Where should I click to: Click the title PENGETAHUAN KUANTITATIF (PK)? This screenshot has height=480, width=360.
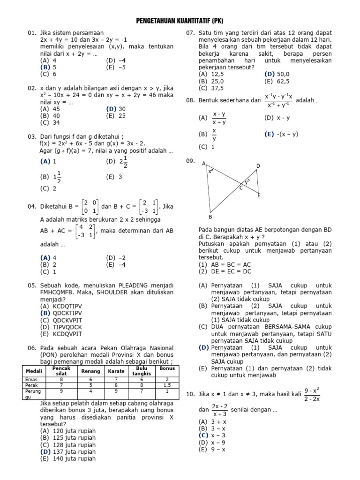pyautogui.click(x=180, y=21)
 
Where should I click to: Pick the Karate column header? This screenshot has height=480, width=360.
pyautogui.click(x=116, y=371)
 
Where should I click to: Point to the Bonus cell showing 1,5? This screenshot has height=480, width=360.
pyautogui.click(x=167, y=385)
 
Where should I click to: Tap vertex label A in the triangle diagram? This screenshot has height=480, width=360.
pyautogui.click(x=203, y=164)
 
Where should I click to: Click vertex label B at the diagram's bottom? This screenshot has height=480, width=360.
pyautogui.click(x=210, y=217)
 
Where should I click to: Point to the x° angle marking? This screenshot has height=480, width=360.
pyautogui.click(x=211, y=172)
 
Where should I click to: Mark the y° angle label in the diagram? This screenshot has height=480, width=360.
pyautogui.click(x=247, y=180)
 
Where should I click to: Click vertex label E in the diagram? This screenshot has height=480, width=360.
pyautogui.click(x=259, y=195)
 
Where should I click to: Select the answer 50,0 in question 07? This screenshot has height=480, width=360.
pyautogui.click(x=283, y=74)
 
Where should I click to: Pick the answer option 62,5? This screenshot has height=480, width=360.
pyautogui.click(x=283, y=81)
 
